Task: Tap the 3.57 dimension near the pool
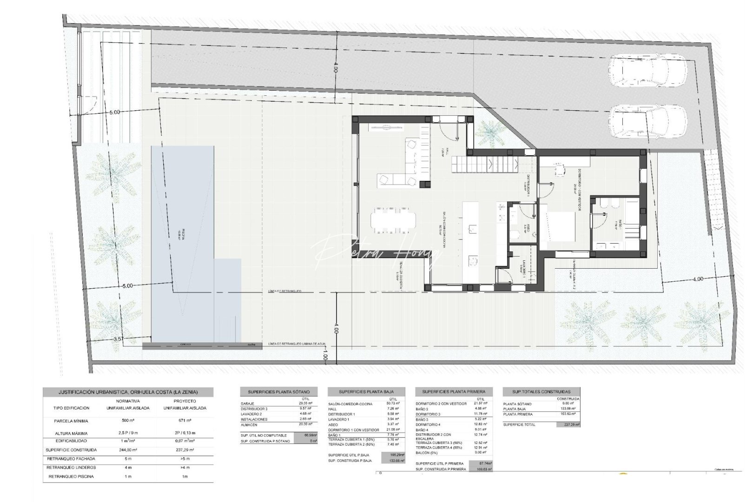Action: pyautogui.click(x=119, y=339)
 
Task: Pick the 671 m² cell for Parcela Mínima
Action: pyautogui.click(x=185, y=421)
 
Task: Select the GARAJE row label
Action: pyautogui.click(x=248, y=403)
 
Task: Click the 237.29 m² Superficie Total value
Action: pyautogui.click(x=568, y=424)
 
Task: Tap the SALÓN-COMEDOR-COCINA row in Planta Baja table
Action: pyautogui.click(x=350, y=404)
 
